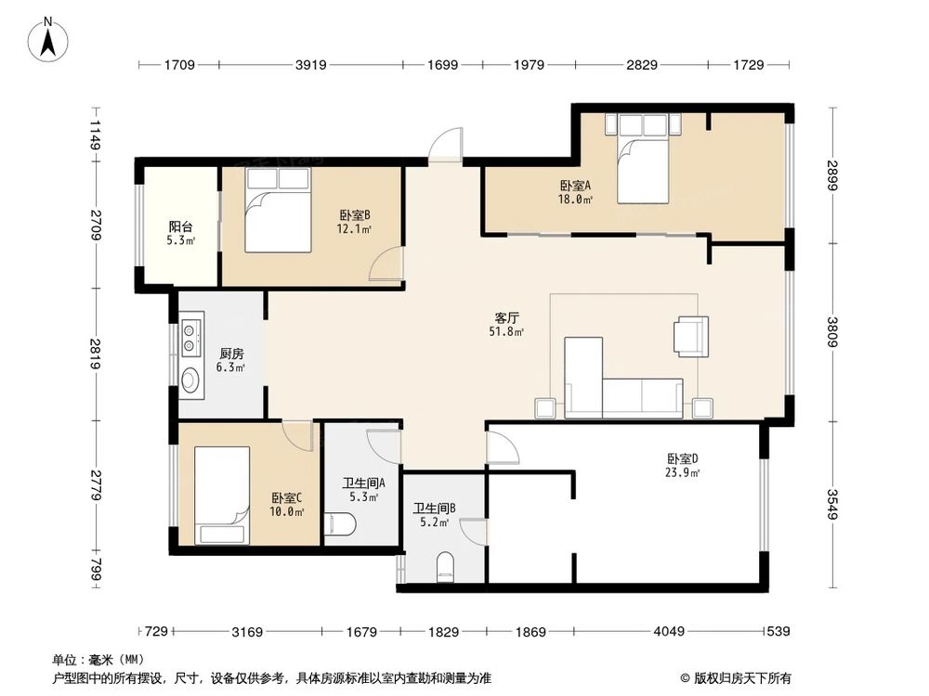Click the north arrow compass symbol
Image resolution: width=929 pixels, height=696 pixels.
coord(48,39)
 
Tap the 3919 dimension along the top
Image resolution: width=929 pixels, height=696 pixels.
coord(310,65)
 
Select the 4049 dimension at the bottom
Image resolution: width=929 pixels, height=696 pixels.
coord(669,631)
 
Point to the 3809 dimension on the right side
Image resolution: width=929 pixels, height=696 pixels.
coord(832,332)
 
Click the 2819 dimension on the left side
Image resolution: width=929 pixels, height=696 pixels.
coord(96,354)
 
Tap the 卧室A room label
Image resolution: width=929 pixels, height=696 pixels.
coord(575,186)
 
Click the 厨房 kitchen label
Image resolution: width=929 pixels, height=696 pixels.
coord(231,354)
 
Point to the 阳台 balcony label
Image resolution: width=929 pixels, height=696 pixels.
coord(181,226)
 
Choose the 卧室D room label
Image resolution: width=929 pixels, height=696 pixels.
coord(683,458)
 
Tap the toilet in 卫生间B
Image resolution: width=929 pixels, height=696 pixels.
coord(445,567)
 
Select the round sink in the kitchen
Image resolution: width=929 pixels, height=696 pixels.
coord(190,380)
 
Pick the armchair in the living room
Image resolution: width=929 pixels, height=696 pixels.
coord(691,337)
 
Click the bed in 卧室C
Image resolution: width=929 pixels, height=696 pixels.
coord(222,496)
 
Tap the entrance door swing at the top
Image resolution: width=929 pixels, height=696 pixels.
coord(446,144)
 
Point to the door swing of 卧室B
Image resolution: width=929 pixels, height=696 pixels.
coord(386,264)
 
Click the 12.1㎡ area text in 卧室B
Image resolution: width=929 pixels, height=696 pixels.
coord(354,229)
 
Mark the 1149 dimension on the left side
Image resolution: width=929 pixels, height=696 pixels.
coord(96,135)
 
